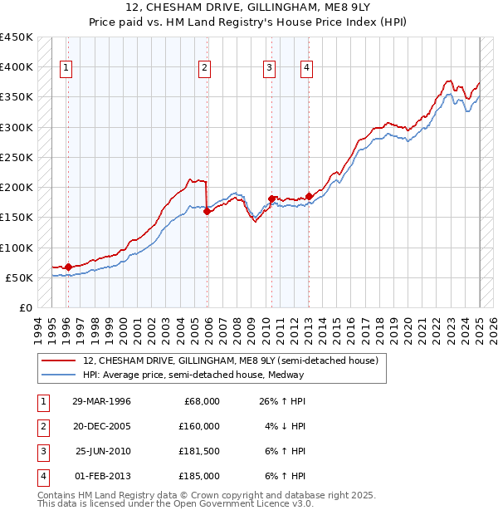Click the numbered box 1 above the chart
(x=66, y=69)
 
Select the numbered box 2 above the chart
(x=203, y=69)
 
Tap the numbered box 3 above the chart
(x=270, y=69)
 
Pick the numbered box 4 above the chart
(x=307, y=69)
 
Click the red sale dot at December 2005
(x=207, y=211)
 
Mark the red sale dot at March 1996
(x=68, y=267)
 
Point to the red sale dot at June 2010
(x=271, y=199)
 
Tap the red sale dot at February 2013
(x=309, y=196)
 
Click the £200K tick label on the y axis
(x=17, y=187)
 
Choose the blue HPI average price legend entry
(x=193, y=375)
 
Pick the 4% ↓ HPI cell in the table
(x=287, y=426)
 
